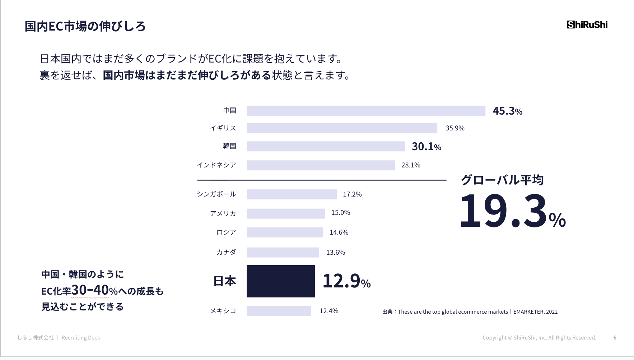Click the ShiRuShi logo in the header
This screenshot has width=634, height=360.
pyautogui.click(x=587, y=25)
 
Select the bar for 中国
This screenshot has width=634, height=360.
pyautogui.click(x=366, y=111)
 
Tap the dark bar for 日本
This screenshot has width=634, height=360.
pyautogui.click(x=281, y=281)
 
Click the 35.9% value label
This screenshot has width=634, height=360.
pyautogui.click(x=455, y=128)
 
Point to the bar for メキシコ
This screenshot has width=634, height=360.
pyautogui.click(x=279, y=311)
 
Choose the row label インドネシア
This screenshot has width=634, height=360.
pyautogui.click(x=216, y=165)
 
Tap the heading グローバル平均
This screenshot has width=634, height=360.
pyautogui.click(x=502, y=180)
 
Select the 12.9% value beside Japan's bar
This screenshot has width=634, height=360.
pyautogui.click(x=346, y=281)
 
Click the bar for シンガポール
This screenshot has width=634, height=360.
pyautogui.click(x=292, y=194)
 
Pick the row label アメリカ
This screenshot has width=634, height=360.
pyautogui.click(x=223, y=213)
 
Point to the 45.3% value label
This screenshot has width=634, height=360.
pyautogui.click(x=507, y=111)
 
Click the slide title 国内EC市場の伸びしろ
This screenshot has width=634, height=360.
pyautogui.click(x=85, y=26)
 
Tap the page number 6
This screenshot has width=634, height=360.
pyautogui.click(x=615, y=338)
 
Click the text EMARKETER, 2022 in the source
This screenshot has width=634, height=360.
pyautogui.click(x=535, y=312)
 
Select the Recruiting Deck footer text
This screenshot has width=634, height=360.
pyautogui.click(x=81, y=338)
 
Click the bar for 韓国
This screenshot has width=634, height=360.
pyautogui.click(x=326, y=146)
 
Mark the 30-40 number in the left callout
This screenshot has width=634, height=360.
pyautogui.click(x=90, y=290)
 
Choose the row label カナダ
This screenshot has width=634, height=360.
pyautogui.click(x=226, y=252)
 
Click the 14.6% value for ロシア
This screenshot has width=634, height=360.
pyautogui.click(x=339, y=232)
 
